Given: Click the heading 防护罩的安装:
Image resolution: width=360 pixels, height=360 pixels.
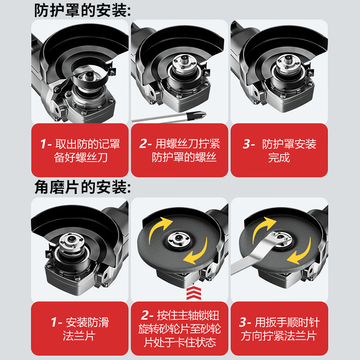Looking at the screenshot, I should coord(83,10).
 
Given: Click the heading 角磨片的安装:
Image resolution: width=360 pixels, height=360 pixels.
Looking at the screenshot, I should coord(83,187).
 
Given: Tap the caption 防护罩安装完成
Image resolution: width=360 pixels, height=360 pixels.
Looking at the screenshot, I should coord(279,151).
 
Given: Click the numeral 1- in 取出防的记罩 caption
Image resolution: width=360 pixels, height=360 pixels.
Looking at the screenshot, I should coord(46,144).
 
